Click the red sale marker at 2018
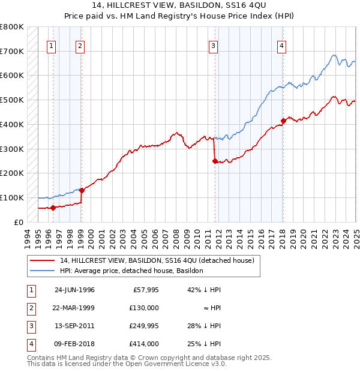click(x=283, y=127)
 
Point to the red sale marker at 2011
click(x=215, y=161)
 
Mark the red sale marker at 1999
click(x=82, y=190)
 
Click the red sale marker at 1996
click(x=53, y=208)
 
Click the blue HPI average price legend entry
click(x=131, y=271)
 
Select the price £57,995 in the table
click(x=144, y=290)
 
